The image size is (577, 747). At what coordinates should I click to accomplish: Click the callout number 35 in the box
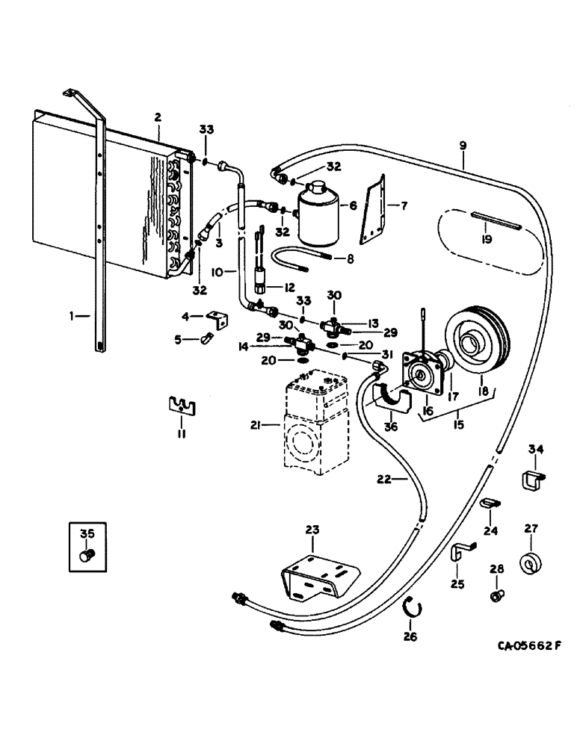point(87,533)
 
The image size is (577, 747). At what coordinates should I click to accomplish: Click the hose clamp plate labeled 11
point(179,406)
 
